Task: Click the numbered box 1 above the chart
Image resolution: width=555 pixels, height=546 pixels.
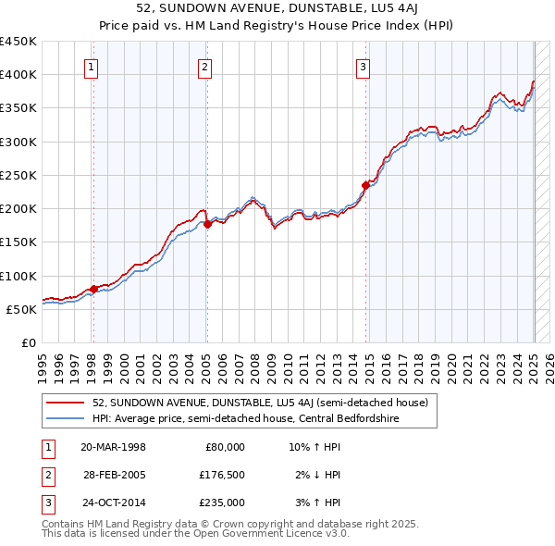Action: pos(92,66)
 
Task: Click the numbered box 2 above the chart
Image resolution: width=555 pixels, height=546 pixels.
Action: pos(204,66)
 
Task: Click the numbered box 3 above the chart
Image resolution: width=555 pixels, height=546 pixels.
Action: pos(364,66)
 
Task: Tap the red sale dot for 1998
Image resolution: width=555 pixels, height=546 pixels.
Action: pos(93,289)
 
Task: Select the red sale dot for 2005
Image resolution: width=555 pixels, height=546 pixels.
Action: pos(207,224)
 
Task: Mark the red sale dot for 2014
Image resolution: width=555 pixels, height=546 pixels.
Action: pos(365,185)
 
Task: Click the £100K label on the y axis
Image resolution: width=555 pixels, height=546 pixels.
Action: pos(18,276)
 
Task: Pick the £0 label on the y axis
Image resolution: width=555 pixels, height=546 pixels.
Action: pos(28,342)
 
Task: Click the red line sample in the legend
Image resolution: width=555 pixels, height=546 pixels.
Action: pos(66,403)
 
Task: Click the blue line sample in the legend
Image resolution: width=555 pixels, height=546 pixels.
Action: pos(66,419)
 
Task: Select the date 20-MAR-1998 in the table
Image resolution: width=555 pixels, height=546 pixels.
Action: pos(113,447)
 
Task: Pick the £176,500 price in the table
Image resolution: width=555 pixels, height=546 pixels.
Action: pos(222,475)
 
